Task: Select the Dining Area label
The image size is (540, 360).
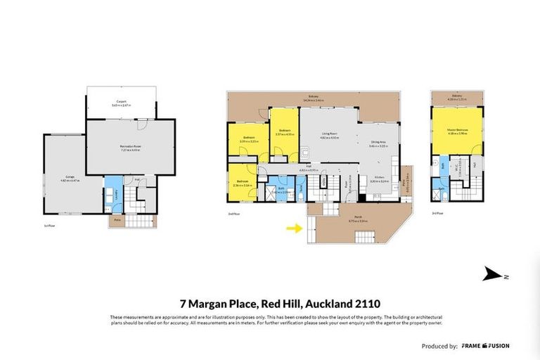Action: pyautogui.click(x=378, y=143)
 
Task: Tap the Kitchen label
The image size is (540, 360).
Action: pyautogui.click(x=380, y=179)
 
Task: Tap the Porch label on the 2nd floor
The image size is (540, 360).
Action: pyautogui.click(x=359, y=219)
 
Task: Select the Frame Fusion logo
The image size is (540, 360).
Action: pyautogui.click(x=485, y=346)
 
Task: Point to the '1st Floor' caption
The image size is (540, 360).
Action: pyautogui.click(x=49, y=226)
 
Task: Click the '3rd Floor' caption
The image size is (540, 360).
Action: pyautogui.click(x=438, y=212)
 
